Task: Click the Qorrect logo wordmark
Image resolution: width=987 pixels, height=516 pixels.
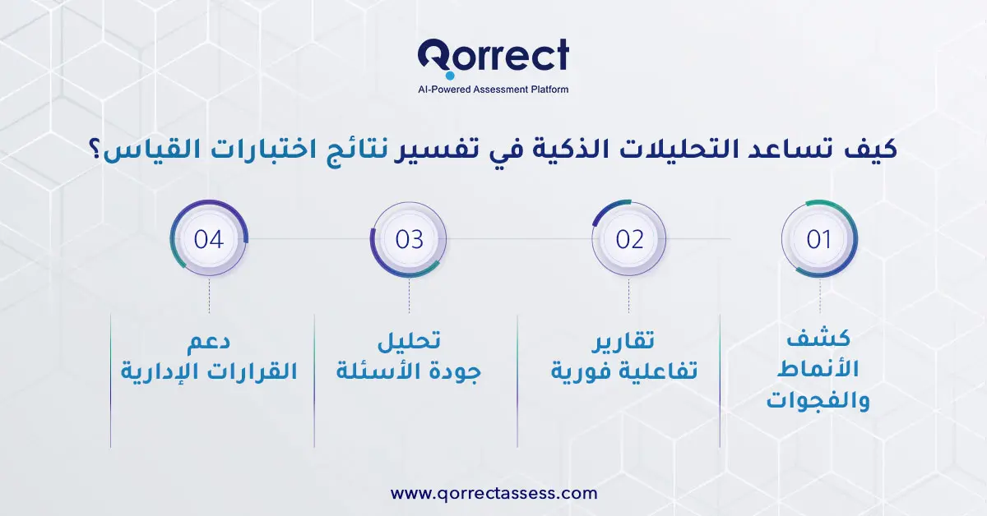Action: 493,57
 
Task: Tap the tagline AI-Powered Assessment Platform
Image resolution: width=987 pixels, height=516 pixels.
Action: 493,89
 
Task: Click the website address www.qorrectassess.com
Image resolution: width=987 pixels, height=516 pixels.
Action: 493,493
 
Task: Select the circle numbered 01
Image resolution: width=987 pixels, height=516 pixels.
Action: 819,239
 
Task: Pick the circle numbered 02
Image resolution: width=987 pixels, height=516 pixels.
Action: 629,239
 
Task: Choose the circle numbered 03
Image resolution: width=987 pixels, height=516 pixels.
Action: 409,239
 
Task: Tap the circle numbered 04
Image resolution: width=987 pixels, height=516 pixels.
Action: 209,239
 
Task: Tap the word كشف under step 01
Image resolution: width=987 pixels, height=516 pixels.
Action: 819,339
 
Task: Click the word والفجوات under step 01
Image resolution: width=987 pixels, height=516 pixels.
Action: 819,403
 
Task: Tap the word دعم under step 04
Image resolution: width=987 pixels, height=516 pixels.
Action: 209,339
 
